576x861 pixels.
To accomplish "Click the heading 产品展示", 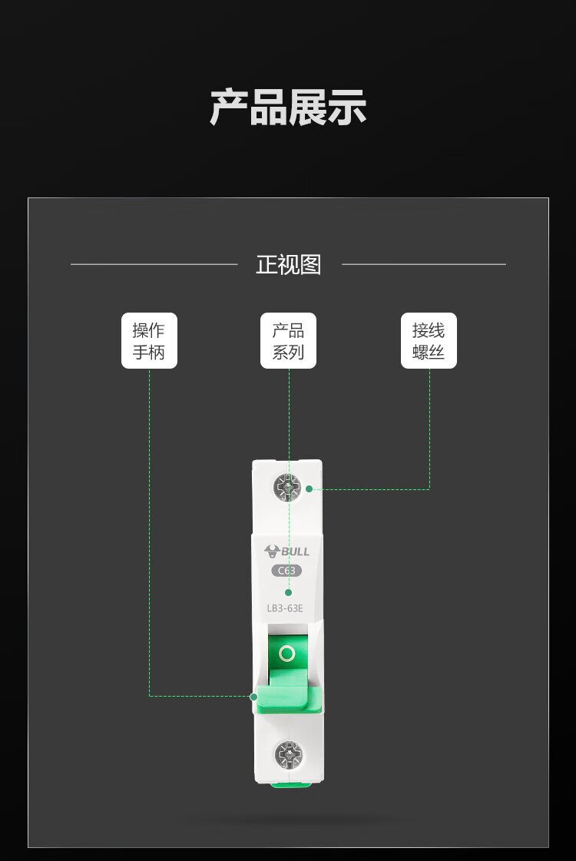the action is (288, 108).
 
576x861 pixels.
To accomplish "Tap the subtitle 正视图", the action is (288, 265).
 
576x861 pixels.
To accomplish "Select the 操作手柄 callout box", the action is (149, 340).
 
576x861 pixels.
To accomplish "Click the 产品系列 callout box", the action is (288, 340).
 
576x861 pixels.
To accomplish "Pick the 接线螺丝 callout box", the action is (429, 340).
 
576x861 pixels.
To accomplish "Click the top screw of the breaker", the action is (287, 488).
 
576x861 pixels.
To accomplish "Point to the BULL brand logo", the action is (286, 551).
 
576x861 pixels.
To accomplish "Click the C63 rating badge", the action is (286, 571).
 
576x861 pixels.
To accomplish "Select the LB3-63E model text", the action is (284, 608).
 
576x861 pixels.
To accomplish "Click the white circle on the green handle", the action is (287, 654).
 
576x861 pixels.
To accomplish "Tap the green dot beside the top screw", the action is (310, 488).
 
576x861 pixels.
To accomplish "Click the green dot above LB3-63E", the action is (288, 592).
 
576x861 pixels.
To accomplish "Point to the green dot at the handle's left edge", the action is (253, 697).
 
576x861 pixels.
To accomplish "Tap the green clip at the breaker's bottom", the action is (291, 784).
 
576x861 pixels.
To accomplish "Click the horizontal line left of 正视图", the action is (154, 264).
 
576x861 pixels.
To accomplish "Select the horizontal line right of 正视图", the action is (424, 264).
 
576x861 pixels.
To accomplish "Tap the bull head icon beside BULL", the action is (272, 551).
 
